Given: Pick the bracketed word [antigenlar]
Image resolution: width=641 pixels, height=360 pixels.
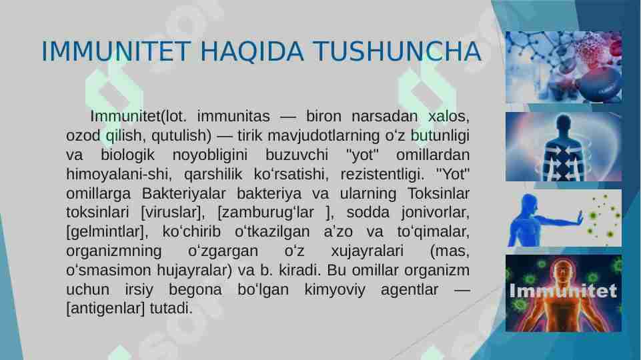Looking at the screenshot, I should pos(107,309).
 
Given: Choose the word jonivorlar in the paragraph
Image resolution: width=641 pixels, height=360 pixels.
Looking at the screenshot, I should pos(437,213).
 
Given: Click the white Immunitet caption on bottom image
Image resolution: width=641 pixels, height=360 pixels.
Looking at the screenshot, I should pos(563,291).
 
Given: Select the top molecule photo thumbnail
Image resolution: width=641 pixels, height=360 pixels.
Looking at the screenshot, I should pos(563,67).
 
